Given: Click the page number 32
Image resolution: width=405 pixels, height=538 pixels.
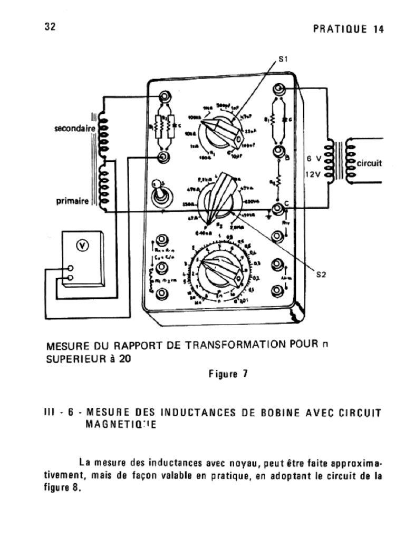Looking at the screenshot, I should pos(51,27).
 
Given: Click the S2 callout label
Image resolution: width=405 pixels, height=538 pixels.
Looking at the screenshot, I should pos(323,273).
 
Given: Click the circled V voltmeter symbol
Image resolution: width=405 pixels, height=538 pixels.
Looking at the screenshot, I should pos(82,246).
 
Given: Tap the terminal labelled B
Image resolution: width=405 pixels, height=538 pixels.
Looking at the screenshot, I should pos(278,153).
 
